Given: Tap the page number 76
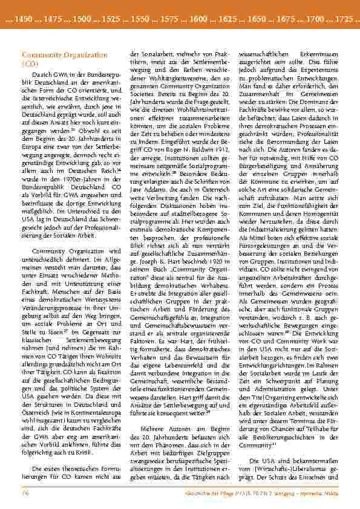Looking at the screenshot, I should (x=18, y=493).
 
